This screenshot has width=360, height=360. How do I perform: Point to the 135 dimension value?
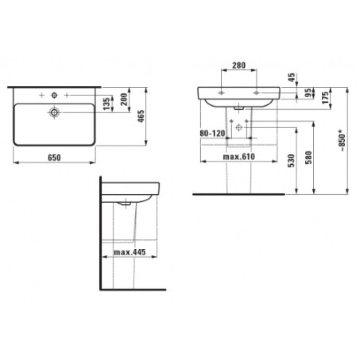click(106, 103)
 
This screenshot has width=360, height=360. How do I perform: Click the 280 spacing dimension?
click(238, 65)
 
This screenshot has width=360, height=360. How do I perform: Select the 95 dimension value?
click(307, 93)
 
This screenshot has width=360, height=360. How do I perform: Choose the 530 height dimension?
click(291, 161)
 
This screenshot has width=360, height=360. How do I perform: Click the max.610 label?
click(239, 156)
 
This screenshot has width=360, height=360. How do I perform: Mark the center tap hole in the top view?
click(54, 95)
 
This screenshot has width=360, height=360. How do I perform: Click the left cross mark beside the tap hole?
click(41, 95)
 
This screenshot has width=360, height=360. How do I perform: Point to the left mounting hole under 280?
click(222, 92)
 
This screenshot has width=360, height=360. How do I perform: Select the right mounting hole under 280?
click(256, 92)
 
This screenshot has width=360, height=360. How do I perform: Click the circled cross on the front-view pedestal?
click(238, 128)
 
